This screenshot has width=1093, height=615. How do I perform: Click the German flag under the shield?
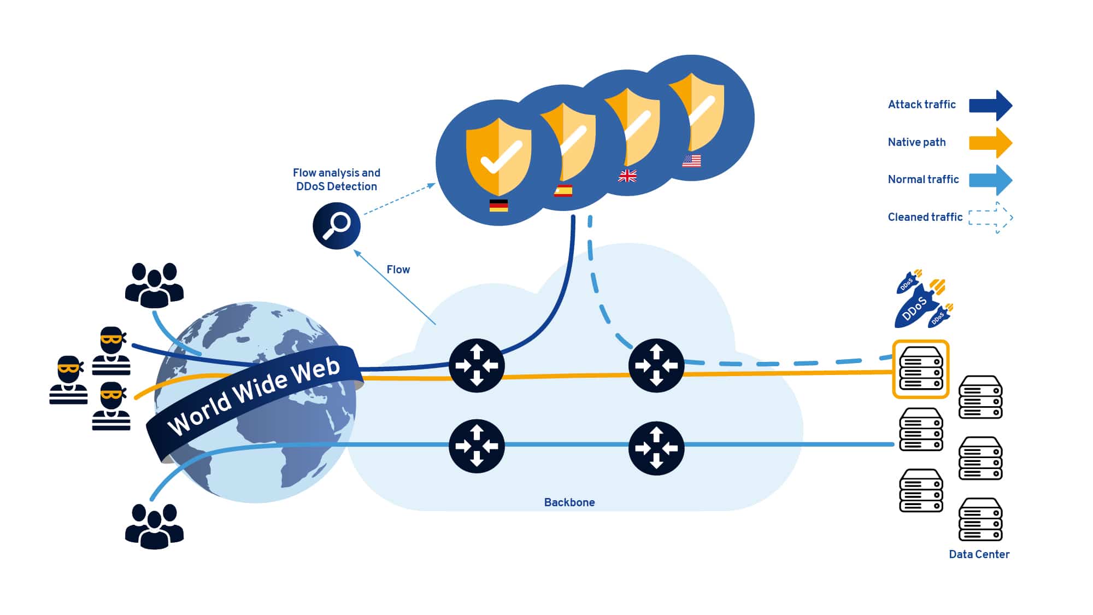(498, 206)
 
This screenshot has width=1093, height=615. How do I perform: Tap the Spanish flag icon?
(563, 191)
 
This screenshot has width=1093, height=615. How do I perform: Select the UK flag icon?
(627, 176)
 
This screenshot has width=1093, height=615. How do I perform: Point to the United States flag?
(691, 161)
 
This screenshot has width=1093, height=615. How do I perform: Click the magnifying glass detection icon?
(336, 226)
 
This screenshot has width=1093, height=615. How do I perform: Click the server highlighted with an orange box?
(921, 370)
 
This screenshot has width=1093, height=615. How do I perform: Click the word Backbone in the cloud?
(569, 502)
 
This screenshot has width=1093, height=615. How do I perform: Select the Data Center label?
(979, 554)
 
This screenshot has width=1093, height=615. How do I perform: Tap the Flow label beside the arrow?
(398, 270)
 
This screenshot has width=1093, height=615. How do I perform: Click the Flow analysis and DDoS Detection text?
(336, 179)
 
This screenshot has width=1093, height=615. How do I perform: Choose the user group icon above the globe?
(154, 285)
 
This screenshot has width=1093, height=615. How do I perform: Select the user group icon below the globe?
(154, 526)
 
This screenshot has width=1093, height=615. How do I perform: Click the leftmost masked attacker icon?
(68, 380)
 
